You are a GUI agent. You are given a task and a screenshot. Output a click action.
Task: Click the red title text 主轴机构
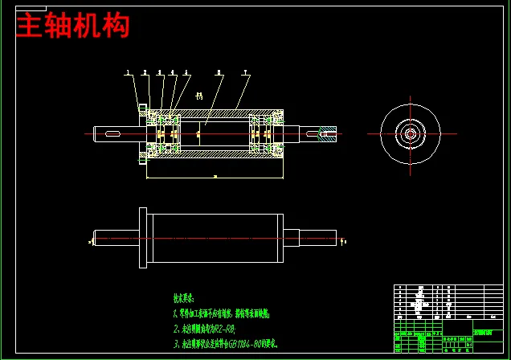[72, 27]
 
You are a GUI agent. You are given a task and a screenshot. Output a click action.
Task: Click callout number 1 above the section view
[128, 73]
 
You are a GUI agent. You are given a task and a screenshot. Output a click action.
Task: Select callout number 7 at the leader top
[246, 73]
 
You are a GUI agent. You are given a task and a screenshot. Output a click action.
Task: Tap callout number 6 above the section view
[219, 73]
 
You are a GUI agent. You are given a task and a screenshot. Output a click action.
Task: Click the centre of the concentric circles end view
[410, 133]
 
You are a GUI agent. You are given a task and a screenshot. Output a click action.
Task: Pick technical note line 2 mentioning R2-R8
[204, 329]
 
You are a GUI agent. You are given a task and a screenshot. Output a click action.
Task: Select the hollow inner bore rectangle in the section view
[213, 133]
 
